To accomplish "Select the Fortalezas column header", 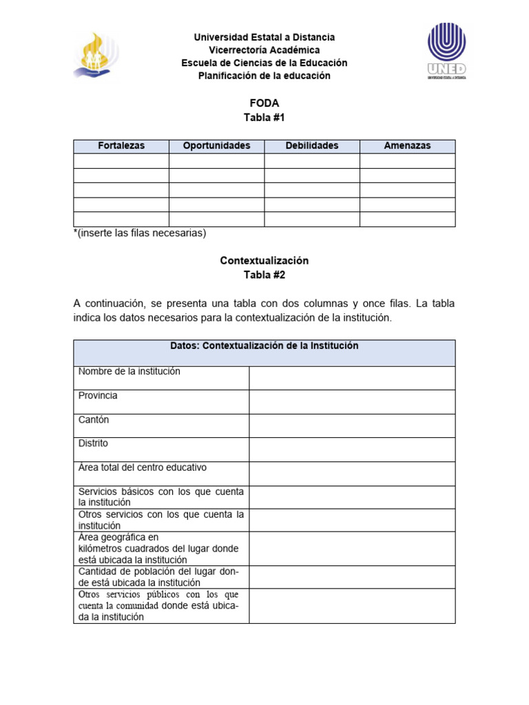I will (121, 146).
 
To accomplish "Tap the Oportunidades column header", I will (216, 146).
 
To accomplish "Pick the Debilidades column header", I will (311, 146).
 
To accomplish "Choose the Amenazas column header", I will (407, 146).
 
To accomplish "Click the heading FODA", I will (264, 103).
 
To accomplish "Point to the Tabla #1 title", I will (264, 118).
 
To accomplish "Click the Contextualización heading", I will (264, 261).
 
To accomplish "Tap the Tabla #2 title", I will (264, 275).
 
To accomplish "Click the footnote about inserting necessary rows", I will (140, 233).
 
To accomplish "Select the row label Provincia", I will (98, 396).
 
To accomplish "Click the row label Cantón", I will (94, 420).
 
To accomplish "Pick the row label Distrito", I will (93, 444).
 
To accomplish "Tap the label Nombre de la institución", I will (129, 372).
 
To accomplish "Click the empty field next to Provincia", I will (351, 401).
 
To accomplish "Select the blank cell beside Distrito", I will (351, 450).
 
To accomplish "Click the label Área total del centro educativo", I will (143, 468).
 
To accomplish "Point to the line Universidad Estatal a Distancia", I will (264, 37).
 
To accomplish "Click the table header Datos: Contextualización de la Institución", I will (264, 346).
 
